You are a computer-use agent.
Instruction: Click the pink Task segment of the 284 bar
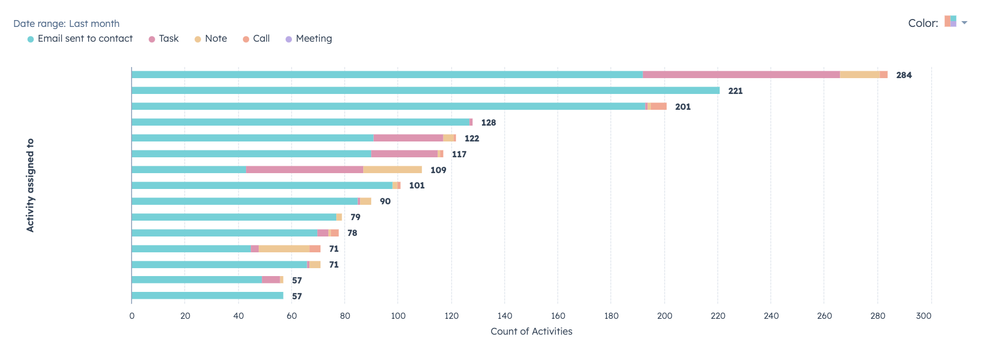coord(741,75)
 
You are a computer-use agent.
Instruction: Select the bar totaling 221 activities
coord(425,91)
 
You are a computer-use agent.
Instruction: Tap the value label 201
coord(683,107)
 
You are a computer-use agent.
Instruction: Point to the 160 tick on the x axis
coord(558,316)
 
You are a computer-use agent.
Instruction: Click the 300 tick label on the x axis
coord(923,316)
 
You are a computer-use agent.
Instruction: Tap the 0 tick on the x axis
coord(132,316)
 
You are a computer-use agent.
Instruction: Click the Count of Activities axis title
coord(531,331)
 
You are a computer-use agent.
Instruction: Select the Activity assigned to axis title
coord(31,185)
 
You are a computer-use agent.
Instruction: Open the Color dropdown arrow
coord(964,23)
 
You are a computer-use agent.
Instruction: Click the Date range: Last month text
coord(67,24)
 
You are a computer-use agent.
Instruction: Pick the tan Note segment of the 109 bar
coord(392,170)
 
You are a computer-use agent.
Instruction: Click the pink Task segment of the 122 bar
coord(408,138)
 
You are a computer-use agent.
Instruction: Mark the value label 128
coord(488,122)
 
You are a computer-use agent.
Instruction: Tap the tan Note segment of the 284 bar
coord(859,75)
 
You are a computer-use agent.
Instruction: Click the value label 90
coord(385,202)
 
